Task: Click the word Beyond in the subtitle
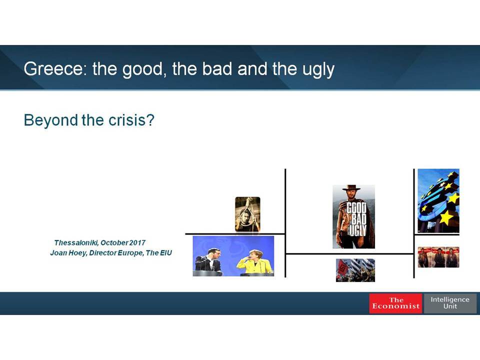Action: pyautogui.click(x=51, y=120)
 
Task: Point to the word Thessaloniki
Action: pyautogui.click(x=76, y=243)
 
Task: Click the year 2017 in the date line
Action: pyautogui.click(x=137, y=243)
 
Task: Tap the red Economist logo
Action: pyautogui.click(x=395, y=303)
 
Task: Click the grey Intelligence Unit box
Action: pyautogui.click(x=450, y=303)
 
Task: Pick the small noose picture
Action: pyautogui.click(x=247, y=214)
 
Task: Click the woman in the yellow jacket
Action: pyautogui.click(x=254, y=262)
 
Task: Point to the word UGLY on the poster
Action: pyautogui.click(x=357, y=230)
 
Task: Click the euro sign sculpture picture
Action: pyautogui.click(x=438, y=201)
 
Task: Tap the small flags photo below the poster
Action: pyautogui.click(x=355, y=270)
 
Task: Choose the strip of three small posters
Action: pyautogui.click(x=438, y=257)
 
